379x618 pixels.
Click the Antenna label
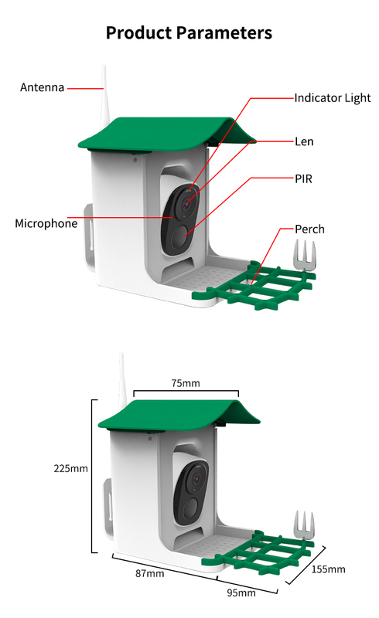[x=43, y=87]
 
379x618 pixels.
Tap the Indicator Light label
[x=333, y=98]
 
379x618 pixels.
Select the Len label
[x=304, y=141]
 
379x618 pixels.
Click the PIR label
[x=304, y=179]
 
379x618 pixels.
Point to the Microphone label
[x=46, y=223]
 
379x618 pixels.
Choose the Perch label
[x=309, y=229]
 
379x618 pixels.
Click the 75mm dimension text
[x=186, y=383]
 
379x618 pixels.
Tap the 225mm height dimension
[x=70, y=469]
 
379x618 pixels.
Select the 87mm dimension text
[x=149, y=573]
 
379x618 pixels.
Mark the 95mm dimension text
[x=241, y=593]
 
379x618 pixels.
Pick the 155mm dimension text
[x=328, y=569]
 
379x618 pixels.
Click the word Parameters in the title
[x=224, y=32]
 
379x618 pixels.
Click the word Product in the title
[x=139, y=32]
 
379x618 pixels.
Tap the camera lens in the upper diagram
[x=186, y=204]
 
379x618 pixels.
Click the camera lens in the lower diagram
[x=196, y=480]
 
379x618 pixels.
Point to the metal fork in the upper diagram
[x=305, y=255]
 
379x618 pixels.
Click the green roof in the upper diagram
[x=166, y=133]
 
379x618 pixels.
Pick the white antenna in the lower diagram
[x=122, y=382]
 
